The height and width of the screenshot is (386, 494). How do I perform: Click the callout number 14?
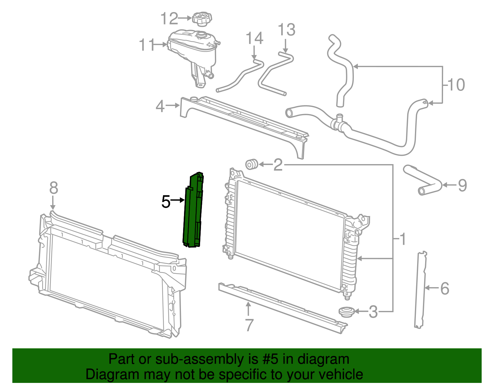pyautogui.click(x=254, y=38)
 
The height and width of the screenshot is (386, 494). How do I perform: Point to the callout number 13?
pyautogui.click(x=287, y=30)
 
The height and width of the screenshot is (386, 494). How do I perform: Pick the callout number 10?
pyautogui.click(x=456, y=85)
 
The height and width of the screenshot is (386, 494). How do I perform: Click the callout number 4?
pyautogui.click(x=160, y=106)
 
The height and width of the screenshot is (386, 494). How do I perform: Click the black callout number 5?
pyautogui.click(x=166, y=202)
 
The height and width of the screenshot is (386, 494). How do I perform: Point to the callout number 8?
pyautogui.click(x=54, y=188)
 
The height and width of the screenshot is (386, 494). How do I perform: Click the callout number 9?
pyautogui.click(x=462, y=185)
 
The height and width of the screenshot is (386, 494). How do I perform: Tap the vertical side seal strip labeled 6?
pyautogui.click(x=420, y=289)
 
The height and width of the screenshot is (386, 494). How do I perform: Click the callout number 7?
pyautogui.click(x=249, y=325)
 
